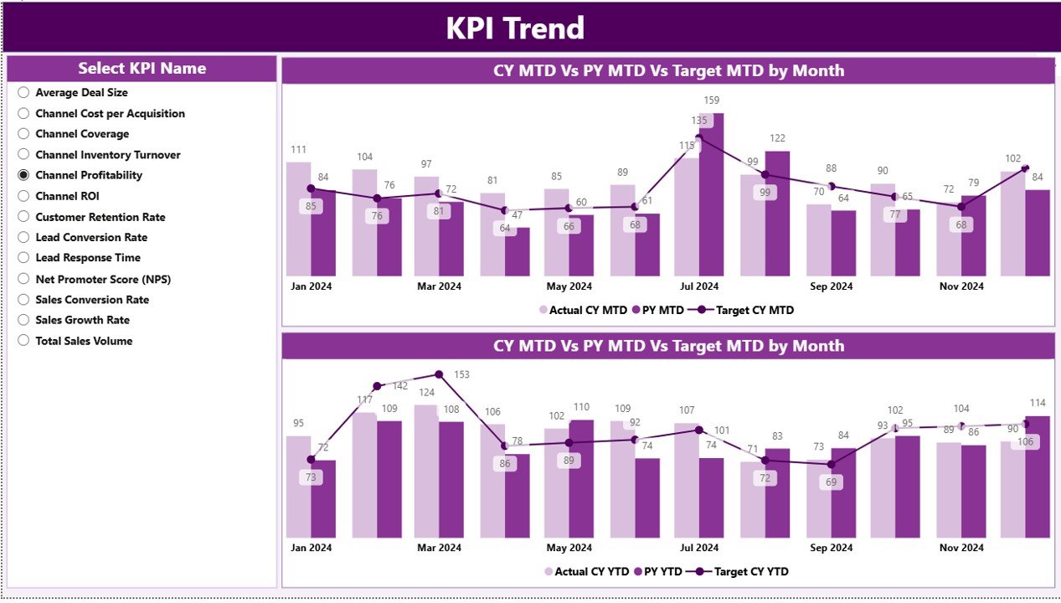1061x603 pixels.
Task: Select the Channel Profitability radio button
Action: tap(23, 175)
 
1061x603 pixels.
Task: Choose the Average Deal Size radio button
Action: tap(23, 93)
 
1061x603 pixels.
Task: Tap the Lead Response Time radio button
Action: tap(23, 258)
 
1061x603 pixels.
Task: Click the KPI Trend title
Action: tap(514, 28)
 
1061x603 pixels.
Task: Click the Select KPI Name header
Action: tap(142, 69)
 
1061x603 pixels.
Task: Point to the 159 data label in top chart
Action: tap(712, 100)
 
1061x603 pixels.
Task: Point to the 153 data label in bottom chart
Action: tap(461, 374)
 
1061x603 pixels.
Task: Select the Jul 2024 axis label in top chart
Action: tap(698, 286)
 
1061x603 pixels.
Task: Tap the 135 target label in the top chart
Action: tap(698, 121)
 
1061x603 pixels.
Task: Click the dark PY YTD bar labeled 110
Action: tap(581, 478)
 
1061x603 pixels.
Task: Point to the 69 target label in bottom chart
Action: tap(831, 482)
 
